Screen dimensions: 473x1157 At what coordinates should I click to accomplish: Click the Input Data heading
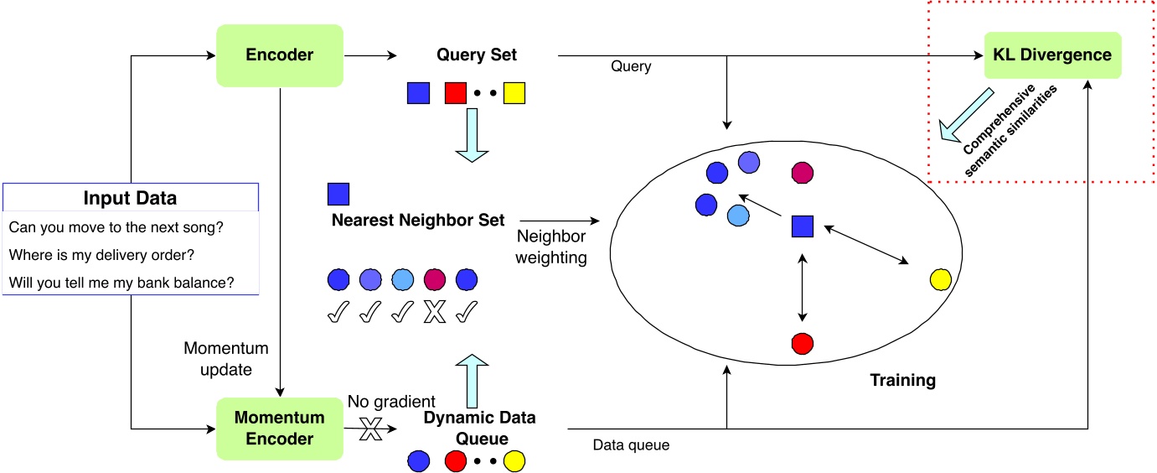click(x=130, y=199)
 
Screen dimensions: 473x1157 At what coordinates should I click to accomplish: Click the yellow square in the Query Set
click(x=514, y=93)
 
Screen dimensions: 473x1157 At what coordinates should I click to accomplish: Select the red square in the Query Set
click(x=455, y=93)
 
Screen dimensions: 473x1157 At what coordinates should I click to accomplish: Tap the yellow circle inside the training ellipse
click(x=940, y=280)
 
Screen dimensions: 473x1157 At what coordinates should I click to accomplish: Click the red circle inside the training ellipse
click(x=803, y=343)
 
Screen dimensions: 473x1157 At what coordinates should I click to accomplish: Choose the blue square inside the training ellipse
click(x=803, y=226)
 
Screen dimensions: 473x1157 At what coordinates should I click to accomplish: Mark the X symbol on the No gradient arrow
click(x=369, y=433)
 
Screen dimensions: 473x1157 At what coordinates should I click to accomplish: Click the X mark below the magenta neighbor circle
click(x=434, y=313)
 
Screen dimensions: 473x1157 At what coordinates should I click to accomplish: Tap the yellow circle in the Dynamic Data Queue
click(x=514, y=460)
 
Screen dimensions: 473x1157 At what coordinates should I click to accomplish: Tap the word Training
click(x=901, y=380)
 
